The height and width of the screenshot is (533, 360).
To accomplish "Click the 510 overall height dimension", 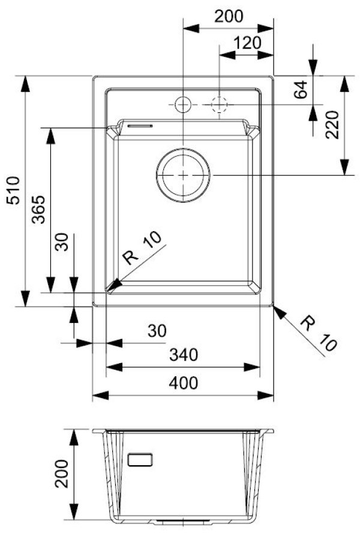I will tap(13, 191).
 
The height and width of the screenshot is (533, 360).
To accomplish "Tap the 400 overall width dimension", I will tap(183, 383).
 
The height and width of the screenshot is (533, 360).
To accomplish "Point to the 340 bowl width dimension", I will tap(183, 355).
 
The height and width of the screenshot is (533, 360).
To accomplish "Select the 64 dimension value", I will tap(301, 89).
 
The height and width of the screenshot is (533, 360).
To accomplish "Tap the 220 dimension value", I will tap(333, 125).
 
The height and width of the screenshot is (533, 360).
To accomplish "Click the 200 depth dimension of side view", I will tap(61, 475).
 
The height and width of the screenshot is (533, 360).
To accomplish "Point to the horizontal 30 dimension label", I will tap(157, 331).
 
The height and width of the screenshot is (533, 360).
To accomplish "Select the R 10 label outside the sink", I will tap(319, 333).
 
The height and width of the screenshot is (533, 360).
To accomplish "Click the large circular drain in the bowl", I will tap(183, 174).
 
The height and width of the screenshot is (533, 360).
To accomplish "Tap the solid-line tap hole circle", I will tap(183, 105).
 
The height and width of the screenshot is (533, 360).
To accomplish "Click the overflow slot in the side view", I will tap(140, 459).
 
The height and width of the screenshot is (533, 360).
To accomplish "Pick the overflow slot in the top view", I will tap(139, 126).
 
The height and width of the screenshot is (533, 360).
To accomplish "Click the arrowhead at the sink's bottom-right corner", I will tap(278, 309).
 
